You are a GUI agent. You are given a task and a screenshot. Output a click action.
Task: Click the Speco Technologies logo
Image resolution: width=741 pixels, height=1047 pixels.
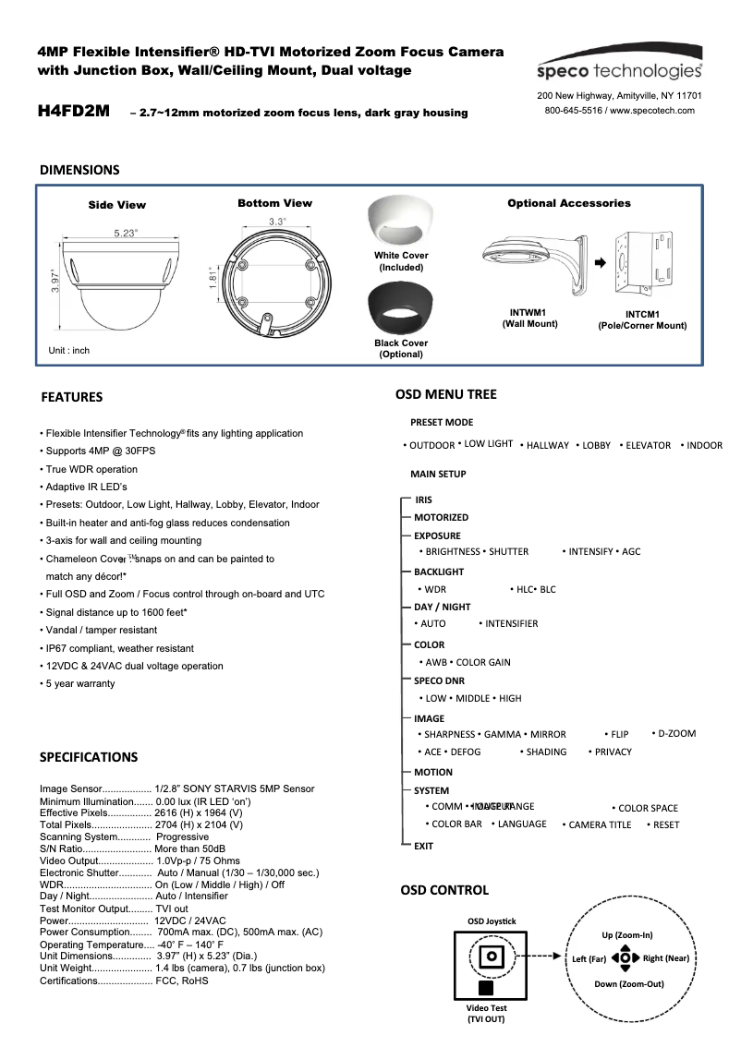[x=620, y=64]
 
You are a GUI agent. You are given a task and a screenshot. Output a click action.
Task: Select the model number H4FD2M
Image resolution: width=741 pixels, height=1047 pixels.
[x=74, y=112]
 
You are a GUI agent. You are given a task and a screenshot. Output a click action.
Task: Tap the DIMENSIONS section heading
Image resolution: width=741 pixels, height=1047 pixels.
[x=79, y=170]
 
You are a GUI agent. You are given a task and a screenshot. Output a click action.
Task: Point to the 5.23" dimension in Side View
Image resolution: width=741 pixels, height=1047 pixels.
[x=127, y=234]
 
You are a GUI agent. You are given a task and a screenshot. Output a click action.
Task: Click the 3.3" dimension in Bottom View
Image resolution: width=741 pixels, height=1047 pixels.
[x=276, y=222]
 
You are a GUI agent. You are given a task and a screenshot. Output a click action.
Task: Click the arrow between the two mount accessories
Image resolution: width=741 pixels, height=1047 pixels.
[x=600, y=262]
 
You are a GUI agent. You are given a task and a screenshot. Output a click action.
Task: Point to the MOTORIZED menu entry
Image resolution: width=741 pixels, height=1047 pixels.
[x=441, y=518]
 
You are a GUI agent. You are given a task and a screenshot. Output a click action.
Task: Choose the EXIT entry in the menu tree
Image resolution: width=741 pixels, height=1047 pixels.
[x=423, y=846]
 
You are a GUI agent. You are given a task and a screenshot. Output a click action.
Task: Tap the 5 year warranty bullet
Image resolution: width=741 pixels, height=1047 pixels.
[x=80, y=683]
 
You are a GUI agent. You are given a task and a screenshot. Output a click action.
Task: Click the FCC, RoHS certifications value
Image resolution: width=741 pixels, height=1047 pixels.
[x=182, y=981]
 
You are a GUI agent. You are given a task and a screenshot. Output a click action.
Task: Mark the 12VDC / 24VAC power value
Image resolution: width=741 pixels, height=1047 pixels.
[x=190, y=921]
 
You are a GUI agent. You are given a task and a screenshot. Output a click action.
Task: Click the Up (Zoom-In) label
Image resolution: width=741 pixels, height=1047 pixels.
[x=626, y=934]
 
